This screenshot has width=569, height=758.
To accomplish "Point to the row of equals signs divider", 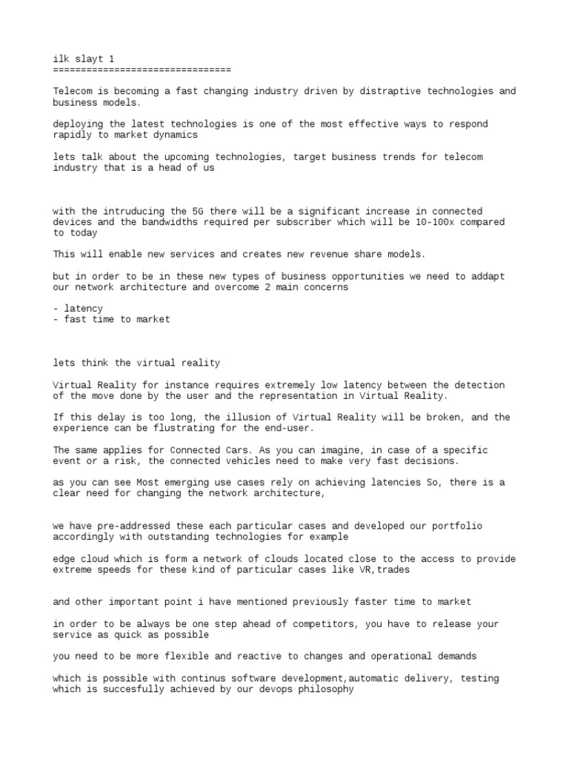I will tap(142, 70).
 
